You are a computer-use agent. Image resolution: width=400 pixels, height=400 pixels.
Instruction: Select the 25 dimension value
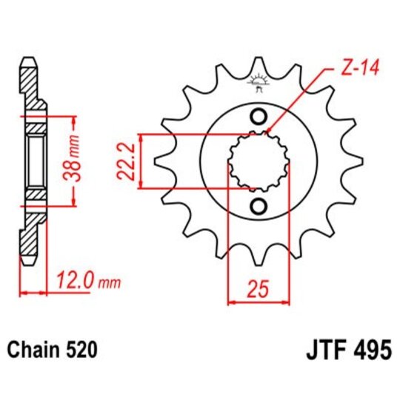(x=258, y=289)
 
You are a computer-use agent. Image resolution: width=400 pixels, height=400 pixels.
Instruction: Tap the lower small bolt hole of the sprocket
(x=259, y=205)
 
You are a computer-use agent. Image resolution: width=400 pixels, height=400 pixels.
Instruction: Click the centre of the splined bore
(x=259, y=161)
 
